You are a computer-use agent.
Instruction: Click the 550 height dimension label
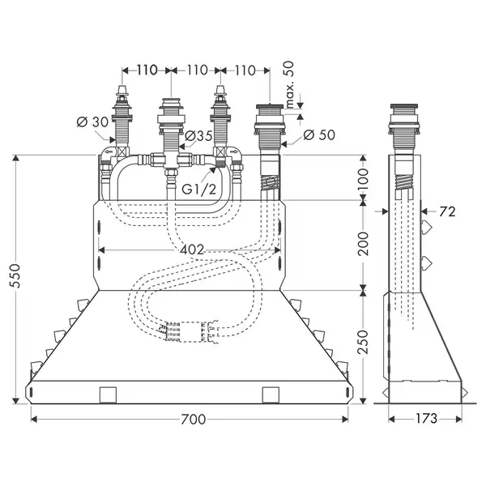click(15, 276)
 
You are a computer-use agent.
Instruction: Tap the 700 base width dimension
click(194, 420)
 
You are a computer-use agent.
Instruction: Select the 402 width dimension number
click(192, 249)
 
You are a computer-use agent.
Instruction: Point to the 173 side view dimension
click(426, 419)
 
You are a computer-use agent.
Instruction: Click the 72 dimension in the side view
click(447, 211)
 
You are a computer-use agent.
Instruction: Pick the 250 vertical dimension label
click(363, 342)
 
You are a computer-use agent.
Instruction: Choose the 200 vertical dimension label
click(363, 244)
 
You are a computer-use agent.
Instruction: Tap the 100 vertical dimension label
click(363, 180)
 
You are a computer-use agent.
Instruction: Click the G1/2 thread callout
click(198, 190)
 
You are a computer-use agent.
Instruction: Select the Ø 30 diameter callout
click(92, 122)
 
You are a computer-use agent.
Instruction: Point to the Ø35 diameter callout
click(198, 135)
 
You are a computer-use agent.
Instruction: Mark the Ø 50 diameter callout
click(319, 134)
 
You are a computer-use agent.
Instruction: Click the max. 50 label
click(288, 84)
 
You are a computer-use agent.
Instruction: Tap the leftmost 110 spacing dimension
click(147, 70)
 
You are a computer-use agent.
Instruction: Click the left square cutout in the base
click(108, 395)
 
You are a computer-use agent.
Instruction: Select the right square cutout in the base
click(271, 395)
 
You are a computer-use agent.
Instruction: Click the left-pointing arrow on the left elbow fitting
click(109, 152)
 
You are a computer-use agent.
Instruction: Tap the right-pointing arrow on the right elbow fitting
click(235, 152)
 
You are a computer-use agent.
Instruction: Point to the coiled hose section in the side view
click(404, 182)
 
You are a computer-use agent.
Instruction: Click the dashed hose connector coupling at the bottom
click(189, 332)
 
